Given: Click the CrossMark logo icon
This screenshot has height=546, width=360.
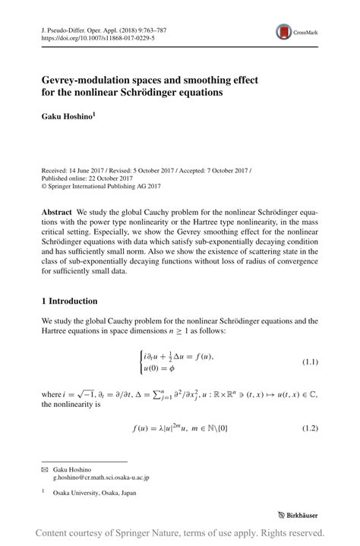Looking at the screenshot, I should click(286, 31).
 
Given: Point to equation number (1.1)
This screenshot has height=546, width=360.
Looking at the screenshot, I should click(311, 361).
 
